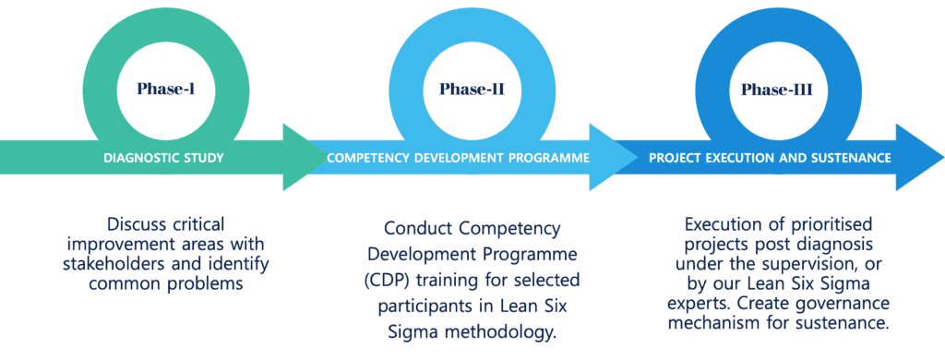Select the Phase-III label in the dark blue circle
[783, 90]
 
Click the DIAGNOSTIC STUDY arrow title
[164, 158]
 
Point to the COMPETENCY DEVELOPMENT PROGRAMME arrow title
[458, 158]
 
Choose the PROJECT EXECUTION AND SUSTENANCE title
[770, 158]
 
